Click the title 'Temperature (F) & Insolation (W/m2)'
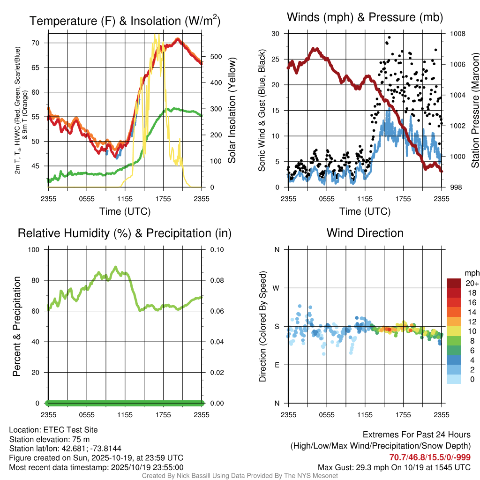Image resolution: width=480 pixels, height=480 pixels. tap(125, 21)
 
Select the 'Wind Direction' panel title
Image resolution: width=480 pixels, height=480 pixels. tap(365, 233)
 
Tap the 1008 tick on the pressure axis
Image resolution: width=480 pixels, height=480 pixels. tap(457, 34)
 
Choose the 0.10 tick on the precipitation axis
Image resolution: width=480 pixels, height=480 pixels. tap(217, 250)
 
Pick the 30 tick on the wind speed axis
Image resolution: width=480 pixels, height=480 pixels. tap(276, 34)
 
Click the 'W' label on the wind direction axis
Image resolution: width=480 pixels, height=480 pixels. tap(277, 288)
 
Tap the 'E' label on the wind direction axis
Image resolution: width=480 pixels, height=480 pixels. tap(277, 365)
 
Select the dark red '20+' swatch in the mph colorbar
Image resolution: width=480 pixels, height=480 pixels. tap(454, 283)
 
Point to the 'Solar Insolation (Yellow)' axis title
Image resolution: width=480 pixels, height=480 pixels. tap(232, 110)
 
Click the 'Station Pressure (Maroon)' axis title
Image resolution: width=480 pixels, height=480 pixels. tap(474, 110)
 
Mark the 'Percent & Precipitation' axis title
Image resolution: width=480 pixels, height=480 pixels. tap(17, 326)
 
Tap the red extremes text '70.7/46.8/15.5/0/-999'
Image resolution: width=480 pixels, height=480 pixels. tap(430, 457)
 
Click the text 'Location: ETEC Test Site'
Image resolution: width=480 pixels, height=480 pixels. tap(53, 430)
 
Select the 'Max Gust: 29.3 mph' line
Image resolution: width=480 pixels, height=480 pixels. tap(394, 467)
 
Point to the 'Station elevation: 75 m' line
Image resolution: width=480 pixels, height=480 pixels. tap(49, 439)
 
